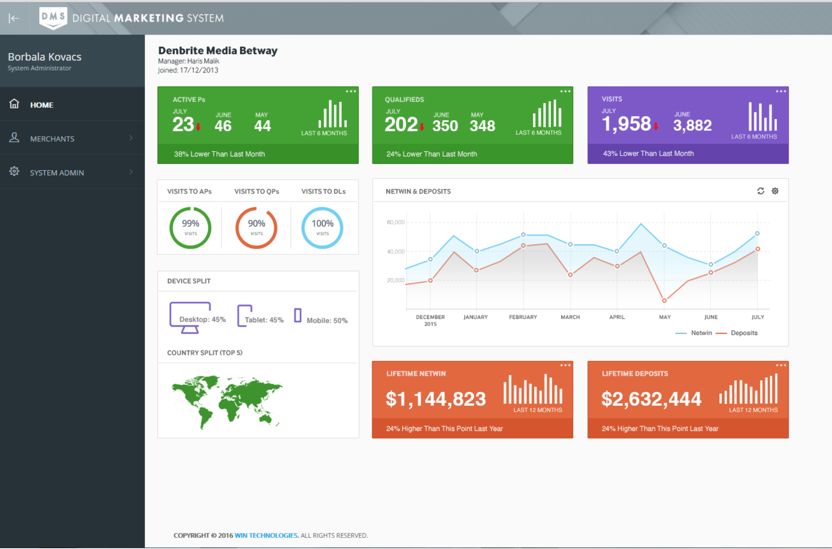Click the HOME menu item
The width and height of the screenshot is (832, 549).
coord(42,105)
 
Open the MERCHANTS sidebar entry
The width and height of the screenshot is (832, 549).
coord(52,139)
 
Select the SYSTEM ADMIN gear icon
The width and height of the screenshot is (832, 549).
coord(14,171)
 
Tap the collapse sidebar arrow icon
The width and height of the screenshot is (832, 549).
coord(14,18)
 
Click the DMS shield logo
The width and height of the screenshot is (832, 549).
coord(53,18)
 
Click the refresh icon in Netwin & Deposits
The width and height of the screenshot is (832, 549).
coord(760,191)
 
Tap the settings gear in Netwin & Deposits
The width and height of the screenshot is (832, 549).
coord(775,191)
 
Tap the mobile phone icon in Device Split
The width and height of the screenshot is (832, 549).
coord(298,315)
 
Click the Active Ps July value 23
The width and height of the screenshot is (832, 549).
coord(183,124)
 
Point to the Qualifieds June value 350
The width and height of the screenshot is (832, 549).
coord(445,126)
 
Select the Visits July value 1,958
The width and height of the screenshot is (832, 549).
coord(626,124)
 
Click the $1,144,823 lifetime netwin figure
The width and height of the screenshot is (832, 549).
coord(436,399)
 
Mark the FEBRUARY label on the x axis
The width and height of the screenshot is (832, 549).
coord(523,317)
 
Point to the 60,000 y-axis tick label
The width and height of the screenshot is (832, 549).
coord(395,222)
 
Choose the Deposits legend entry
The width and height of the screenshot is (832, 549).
coord(744,333)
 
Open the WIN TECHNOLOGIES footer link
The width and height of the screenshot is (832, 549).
coord(266,535)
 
